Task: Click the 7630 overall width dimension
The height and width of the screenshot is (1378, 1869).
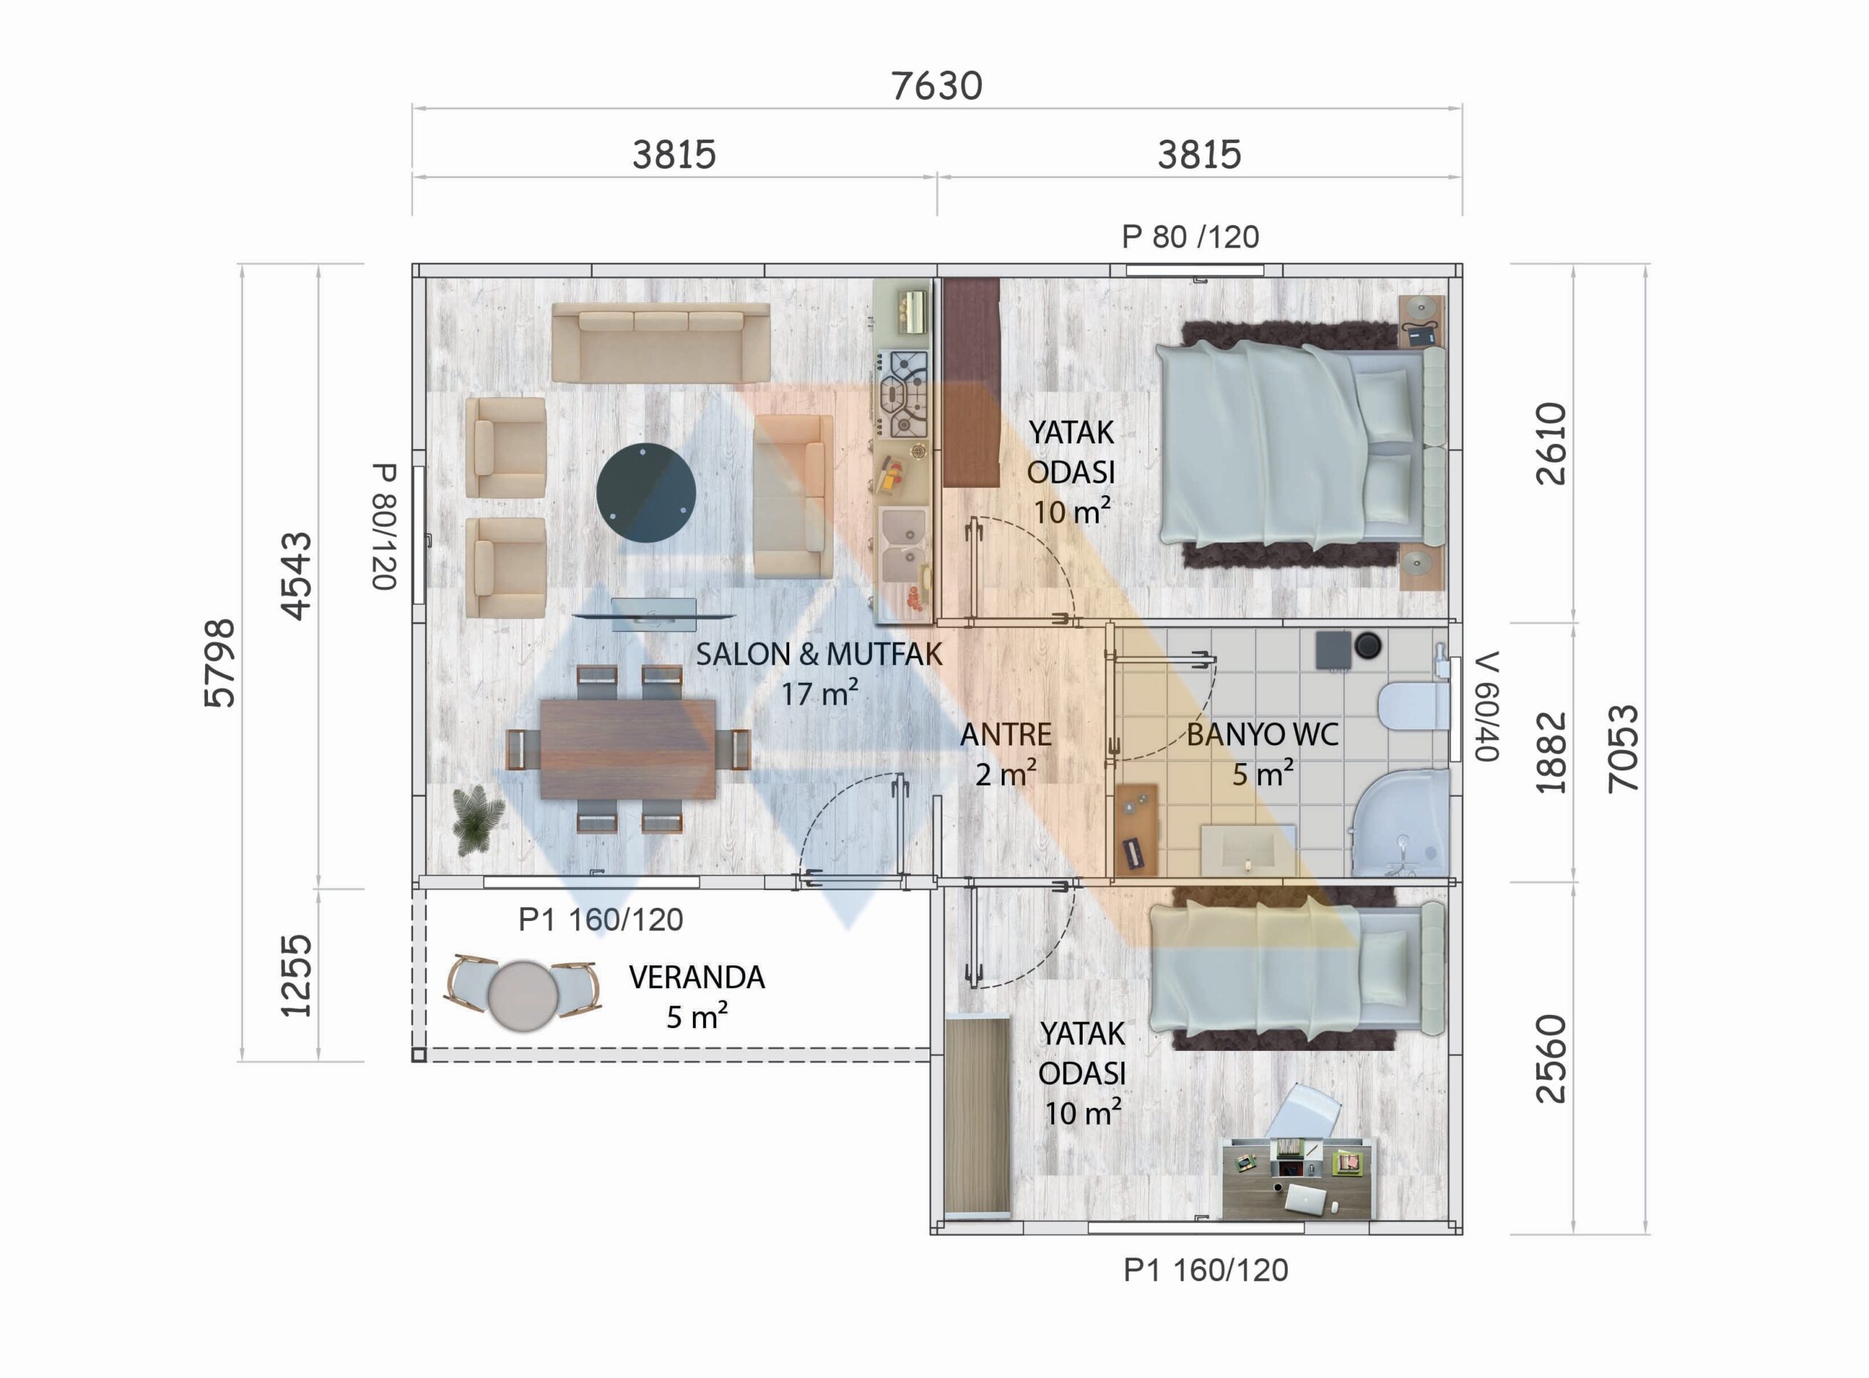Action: (x=937, y=86)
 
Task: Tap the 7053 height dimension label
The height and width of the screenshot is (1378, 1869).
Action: (x=1623, y=749)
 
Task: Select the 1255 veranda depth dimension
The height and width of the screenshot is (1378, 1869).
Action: (x=296, y=975)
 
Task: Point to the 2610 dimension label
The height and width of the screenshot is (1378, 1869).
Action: (x=1551, y=444)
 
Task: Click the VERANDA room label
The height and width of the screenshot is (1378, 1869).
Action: (x=696, y=977)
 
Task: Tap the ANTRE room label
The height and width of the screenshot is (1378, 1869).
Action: (x=1006, y=735)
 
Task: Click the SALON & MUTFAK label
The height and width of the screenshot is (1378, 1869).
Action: (x=819, y=655)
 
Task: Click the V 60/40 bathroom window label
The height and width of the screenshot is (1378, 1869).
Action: (x=1487, y=706)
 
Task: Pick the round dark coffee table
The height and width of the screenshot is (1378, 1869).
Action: (x=646, y=493)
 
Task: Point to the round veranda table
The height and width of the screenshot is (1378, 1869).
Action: (x=523, y=996)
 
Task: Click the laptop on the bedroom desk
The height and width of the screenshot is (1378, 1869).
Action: (x=1305, y=1198)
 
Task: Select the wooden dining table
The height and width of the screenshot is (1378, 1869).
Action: (x=627, y=749)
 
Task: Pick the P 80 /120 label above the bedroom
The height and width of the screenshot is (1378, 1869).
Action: (x=1190, y=237)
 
